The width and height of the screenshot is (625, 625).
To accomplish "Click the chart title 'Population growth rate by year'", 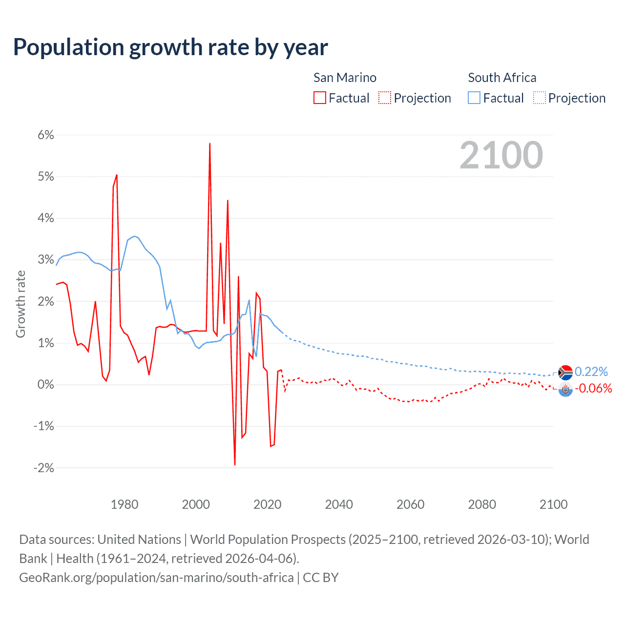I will point(170,47).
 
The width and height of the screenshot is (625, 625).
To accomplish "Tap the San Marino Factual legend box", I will point(320,98).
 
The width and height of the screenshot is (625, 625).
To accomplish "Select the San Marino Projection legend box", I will point(385,98).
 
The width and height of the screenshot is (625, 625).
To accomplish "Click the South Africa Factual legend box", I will point(474,98).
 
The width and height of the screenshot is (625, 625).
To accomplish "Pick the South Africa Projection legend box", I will point(539,98).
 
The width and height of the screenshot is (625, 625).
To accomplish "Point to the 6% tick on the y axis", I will point(45,135).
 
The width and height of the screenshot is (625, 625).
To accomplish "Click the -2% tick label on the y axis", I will point(43,468).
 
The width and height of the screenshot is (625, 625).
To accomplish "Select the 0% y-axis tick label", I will point(45,385).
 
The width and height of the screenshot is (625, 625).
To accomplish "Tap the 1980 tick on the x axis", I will point(125,504).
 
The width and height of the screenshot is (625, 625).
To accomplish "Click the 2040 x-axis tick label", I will point(339,504).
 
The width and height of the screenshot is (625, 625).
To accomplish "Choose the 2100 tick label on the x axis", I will point(553,504).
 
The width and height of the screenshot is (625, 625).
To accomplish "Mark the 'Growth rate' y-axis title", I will point(21,304).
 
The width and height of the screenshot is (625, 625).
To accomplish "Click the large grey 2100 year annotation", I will point(501,155).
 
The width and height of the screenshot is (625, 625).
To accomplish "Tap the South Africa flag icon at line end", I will point(565,373).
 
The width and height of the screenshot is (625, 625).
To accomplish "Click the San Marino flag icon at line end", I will point(565,389).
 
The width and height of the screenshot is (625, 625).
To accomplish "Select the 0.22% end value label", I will point(591,372).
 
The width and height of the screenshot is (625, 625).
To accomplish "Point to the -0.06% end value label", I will point(593,389).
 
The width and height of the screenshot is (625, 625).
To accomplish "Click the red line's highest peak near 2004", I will point(209,144).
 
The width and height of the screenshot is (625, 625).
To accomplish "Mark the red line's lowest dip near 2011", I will point(235,464).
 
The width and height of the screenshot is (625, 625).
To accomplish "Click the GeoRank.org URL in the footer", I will point(156,578).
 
